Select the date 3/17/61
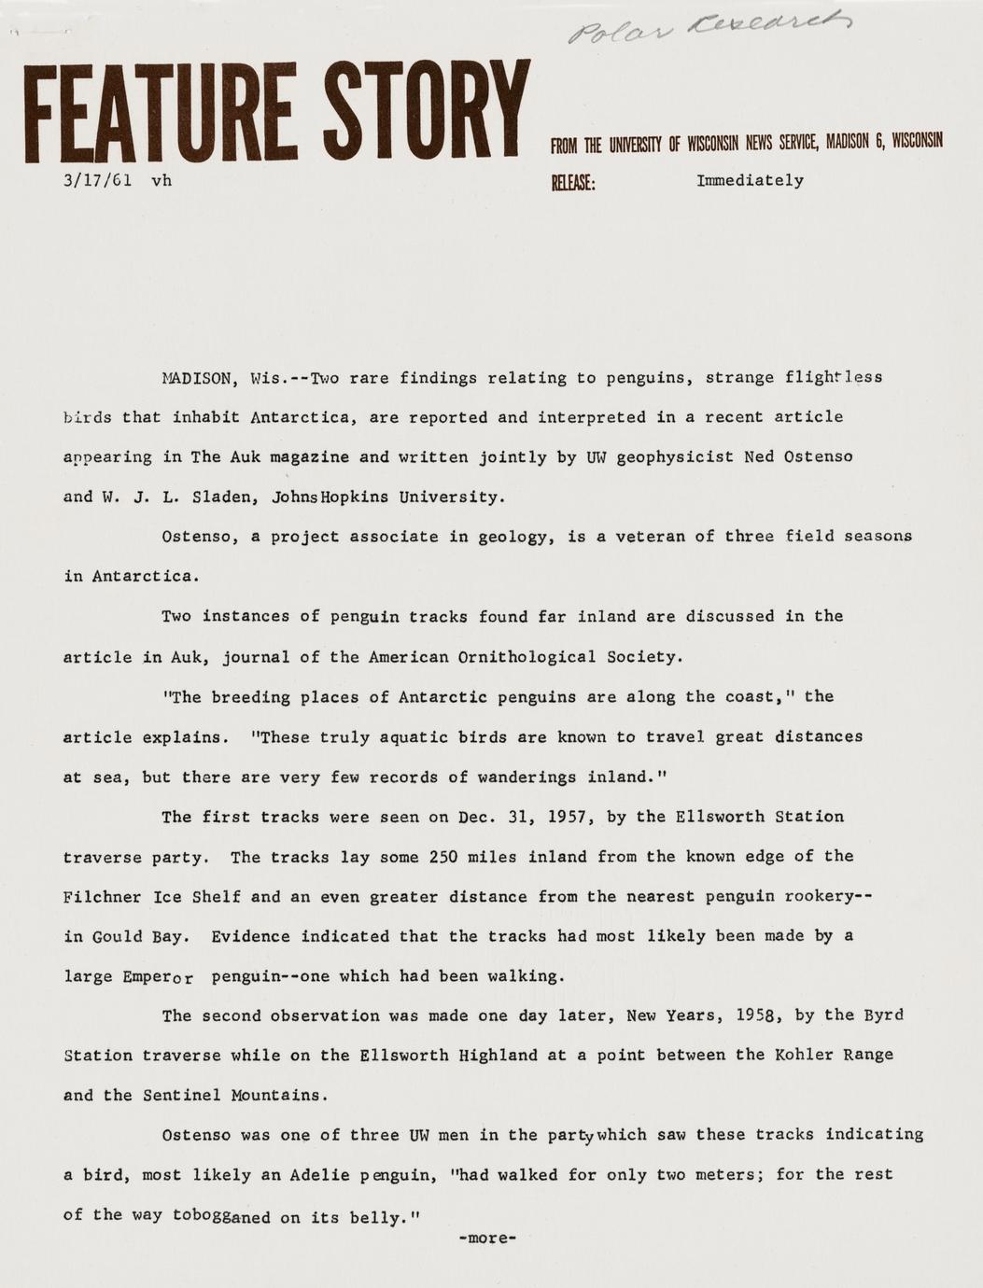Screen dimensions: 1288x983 tap(96, 181)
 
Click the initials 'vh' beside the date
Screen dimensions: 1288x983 tap(161, 181)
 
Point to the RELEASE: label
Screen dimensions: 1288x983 tap(573, 182)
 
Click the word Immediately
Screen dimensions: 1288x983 tap(750, 181)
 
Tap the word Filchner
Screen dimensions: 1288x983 tap(102, 897)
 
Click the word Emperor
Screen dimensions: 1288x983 tap(157, 977)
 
